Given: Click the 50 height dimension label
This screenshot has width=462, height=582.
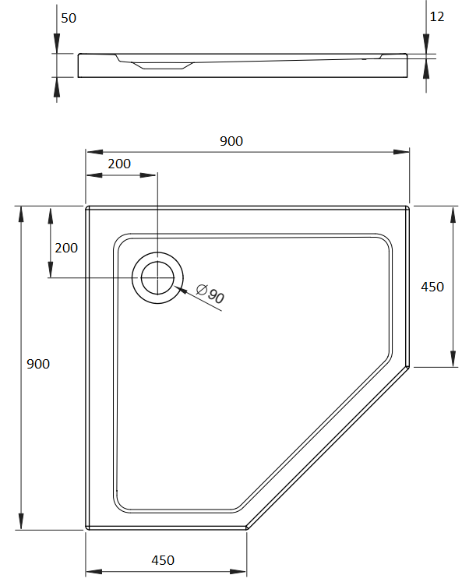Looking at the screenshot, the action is tap(69, 18).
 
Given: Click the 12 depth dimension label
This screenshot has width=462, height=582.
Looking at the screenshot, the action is tap(437, 16).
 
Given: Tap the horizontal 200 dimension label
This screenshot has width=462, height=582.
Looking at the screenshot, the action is tap(119, 164).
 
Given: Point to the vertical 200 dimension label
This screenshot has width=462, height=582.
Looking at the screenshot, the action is tap(66, 248).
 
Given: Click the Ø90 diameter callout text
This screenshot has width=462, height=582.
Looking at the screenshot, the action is tap(210, 294).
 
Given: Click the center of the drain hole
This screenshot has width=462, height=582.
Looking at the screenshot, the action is tap(157, 277).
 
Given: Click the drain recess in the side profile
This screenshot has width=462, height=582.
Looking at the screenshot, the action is tap(163, 65).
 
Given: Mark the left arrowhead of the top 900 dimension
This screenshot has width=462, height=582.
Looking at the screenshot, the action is tap(94, 152).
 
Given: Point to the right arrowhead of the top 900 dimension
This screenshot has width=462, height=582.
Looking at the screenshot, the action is tap(401, 152).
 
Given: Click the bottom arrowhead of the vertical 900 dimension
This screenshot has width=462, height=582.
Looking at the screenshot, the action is tap(21, 521).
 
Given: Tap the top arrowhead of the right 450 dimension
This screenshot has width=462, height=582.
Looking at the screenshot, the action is tap(453, 215).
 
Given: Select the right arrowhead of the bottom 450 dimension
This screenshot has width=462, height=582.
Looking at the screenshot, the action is tap(238, 572).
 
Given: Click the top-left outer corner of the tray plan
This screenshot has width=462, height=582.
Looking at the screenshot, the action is tap(86, 206).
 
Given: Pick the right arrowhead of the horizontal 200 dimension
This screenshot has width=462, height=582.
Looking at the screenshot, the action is tap(148, 175).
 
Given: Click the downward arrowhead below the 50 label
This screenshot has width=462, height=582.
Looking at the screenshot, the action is tap(56, 41).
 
